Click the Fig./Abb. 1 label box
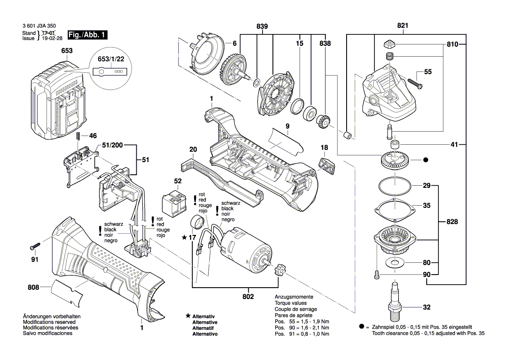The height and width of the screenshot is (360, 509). pos(87,35)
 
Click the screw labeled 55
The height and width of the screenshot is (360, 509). pos(413,82)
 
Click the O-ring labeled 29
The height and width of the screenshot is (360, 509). pos(394,187)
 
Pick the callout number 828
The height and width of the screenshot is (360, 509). pos(452,222)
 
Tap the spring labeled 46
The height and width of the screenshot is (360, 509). pos(78,136)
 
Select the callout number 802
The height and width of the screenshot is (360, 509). pos(249,296)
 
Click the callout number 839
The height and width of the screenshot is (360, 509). pos(262,27)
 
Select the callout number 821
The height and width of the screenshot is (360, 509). pos(402,26)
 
